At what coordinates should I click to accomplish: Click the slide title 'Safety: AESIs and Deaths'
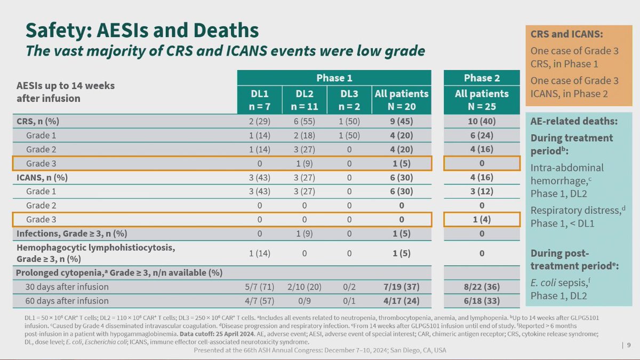142,30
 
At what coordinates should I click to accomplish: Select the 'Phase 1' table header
334,78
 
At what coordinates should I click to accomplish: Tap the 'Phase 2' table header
482,78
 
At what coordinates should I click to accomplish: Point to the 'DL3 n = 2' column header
349,99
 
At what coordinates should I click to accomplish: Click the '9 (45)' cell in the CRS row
401,121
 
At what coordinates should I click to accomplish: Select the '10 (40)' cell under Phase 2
482,121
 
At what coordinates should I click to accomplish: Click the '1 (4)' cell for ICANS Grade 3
482,219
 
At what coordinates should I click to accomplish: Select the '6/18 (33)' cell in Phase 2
482,301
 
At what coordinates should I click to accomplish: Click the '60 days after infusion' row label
67,301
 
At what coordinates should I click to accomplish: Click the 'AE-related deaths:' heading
574,121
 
